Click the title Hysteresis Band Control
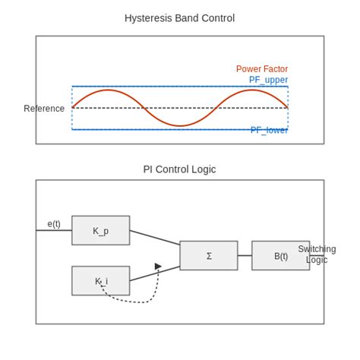click(x=179, y=18)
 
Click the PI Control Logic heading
click(x=179, y=169)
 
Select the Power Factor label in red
click(x=261, y=69)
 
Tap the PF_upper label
click(x=268, y=80)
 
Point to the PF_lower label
click(x=269, y=130)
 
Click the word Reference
click(x=44, y=109)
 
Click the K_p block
click(x=100, y=230)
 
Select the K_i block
click(x=100, y=280)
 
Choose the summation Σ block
click(x=208, y=256)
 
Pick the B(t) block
click(x=280, y=256)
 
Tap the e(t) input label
click(x=54, y=224)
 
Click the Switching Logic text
click(x=317, y=254)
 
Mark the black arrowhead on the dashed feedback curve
click(x=158, y=267)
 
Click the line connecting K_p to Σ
click(x=155, y=237)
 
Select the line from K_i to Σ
click(x=155, y=273)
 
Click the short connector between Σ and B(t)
click(x=245, y=256)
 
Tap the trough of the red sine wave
click(x=180, y=125)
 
